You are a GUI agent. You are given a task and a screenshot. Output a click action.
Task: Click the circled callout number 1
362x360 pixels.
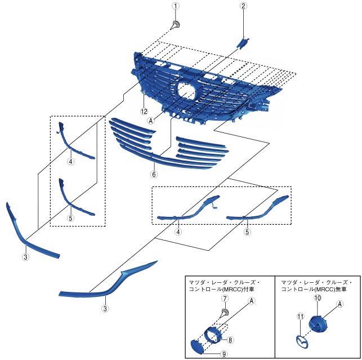pyautogui.click(x=176, y=6)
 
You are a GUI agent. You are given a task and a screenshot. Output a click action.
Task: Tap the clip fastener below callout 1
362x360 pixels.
pyautogui.click(x=176, y=25)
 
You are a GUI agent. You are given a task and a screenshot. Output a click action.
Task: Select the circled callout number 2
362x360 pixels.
pyautogui.click(x=243, y=6)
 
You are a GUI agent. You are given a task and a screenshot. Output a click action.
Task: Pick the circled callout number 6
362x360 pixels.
pyautogui.click(x=153, y=167)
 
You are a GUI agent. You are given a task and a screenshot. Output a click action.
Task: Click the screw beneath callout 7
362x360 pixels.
pyautogui.click(x=224, y=312)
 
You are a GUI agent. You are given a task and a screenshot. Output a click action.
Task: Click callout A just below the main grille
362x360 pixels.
pyautogui.click(x=151, y=120)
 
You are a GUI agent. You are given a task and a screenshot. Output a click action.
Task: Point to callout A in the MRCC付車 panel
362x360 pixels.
pyautogui.click(x=252, y=301)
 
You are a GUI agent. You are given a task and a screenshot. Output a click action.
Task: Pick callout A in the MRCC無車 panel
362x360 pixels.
pyautogui.click(x=340, y=304)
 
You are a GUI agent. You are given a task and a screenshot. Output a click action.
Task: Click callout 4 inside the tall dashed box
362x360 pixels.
pyautogui.click(x=70, y=161)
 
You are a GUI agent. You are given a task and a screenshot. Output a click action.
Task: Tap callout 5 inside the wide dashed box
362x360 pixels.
pyautogui.click(x=247, y=231)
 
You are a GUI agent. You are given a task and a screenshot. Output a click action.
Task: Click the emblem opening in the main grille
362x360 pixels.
pyautogui.click(x=187, y=90)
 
